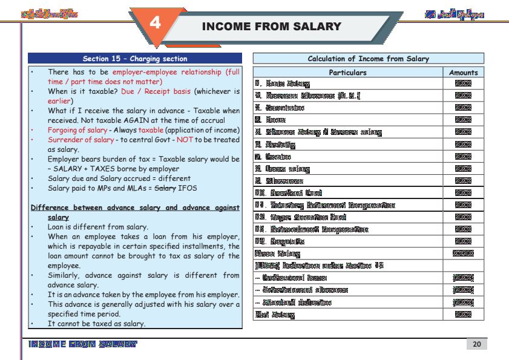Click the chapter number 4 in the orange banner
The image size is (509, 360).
(156, 24)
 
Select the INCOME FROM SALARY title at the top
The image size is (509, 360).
(271, 27)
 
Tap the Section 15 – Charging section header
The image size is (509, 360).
(135, 59)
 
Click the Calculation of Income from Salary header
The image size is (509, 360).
(368, 59)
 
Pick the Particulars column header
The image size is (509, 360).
(347, 72)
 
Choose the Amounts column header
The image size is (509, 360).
(463, 72)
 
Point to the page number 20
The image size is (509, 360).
(476, 344)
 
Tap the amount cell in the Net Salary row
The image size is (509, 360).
(463, 315)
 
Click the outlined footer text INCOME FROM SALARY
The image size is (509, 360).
(82, 344)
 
